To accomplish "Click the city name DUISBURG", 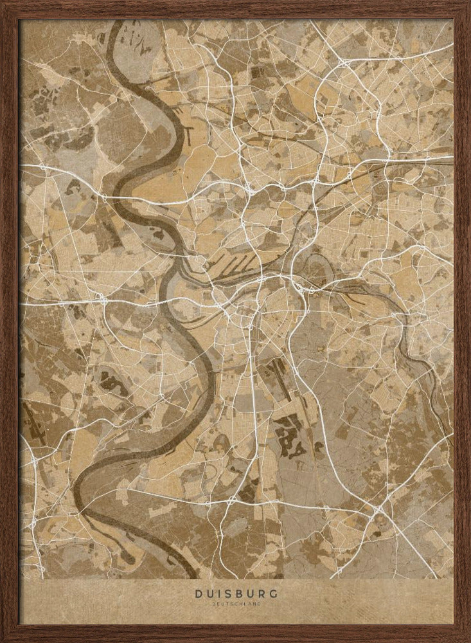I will point(235,595).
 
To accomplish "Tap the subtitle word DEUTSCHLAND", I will point(235,604).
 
